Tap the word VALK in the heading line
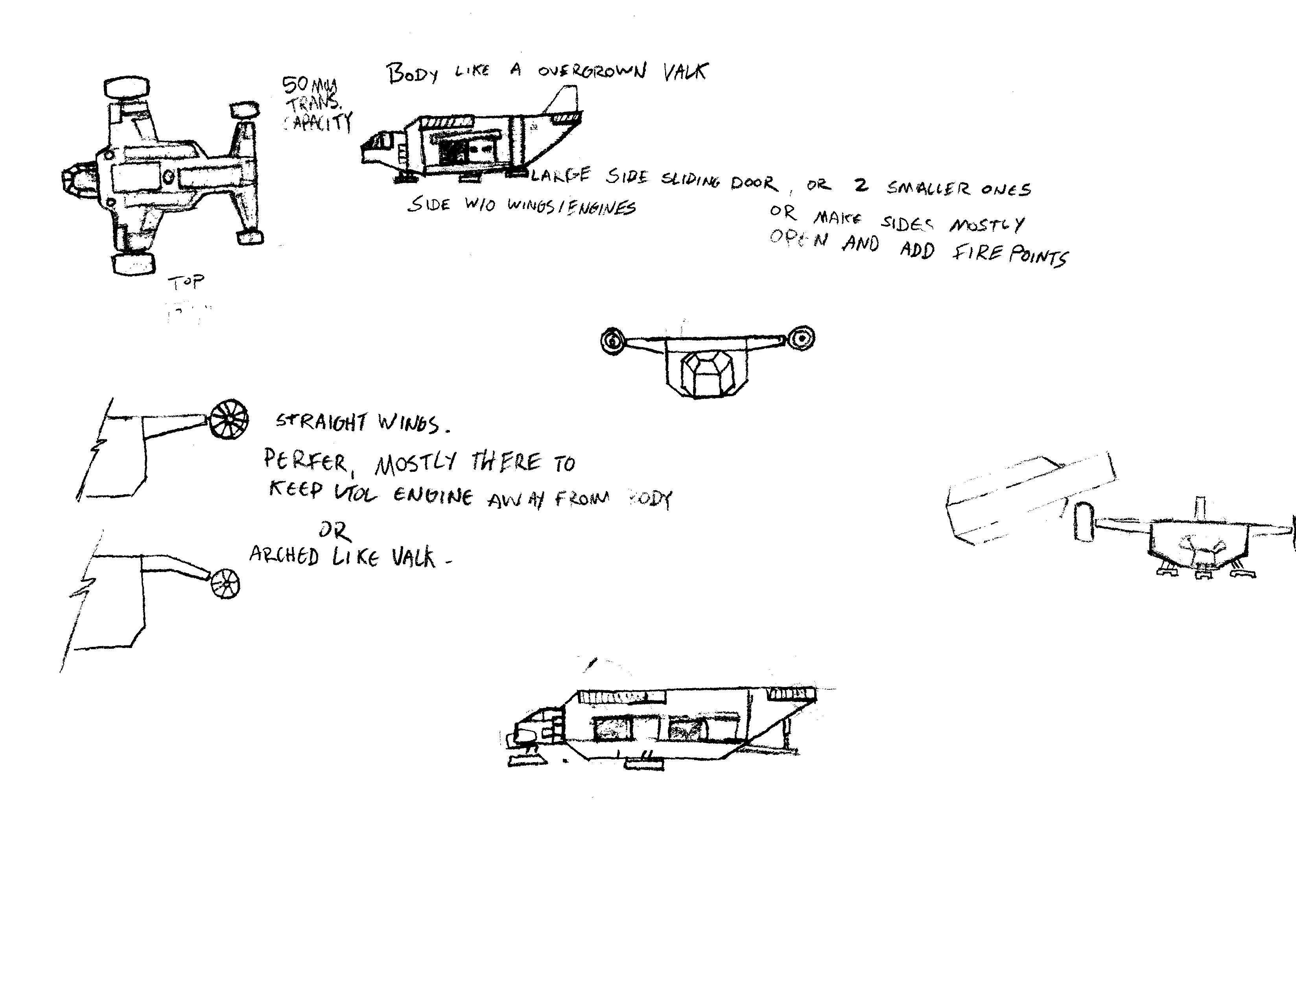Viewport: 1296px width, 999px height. click(x=686, y=72)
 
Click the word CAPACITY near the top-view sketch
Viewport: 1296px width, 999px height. click(x=319, y=122)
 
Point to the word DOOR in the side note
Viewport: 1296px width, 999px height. click(x=754, y=182)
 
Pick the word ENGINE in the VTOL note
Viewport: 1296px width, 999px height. click(x=433, y=496)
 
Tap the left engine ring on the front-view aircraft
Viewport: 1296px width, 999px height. click(x=612, y=341)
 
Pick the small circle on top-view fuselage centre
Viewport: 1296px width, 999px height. click(x=168, y=176)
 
